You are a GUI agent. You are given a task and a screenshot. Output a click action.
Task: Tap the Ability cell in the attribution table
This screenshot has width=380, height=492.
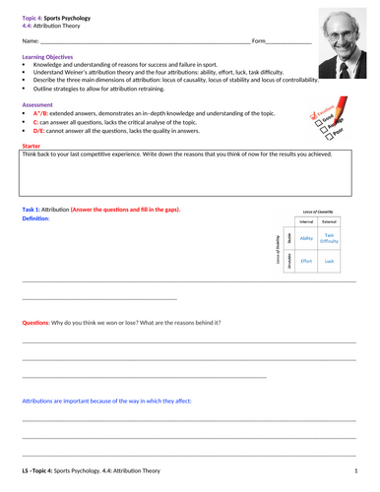point(306,238)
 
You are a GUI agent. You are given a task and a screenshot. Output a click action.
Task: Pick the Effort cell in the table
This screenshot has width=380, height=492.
point(306,261)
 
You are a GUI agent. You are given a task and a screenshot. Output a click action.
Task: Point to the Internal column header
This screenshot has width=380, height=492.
point(306,223)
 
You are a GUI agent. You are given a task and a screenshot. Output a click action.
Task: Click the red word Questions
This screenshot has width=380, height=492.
point(36,324)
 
